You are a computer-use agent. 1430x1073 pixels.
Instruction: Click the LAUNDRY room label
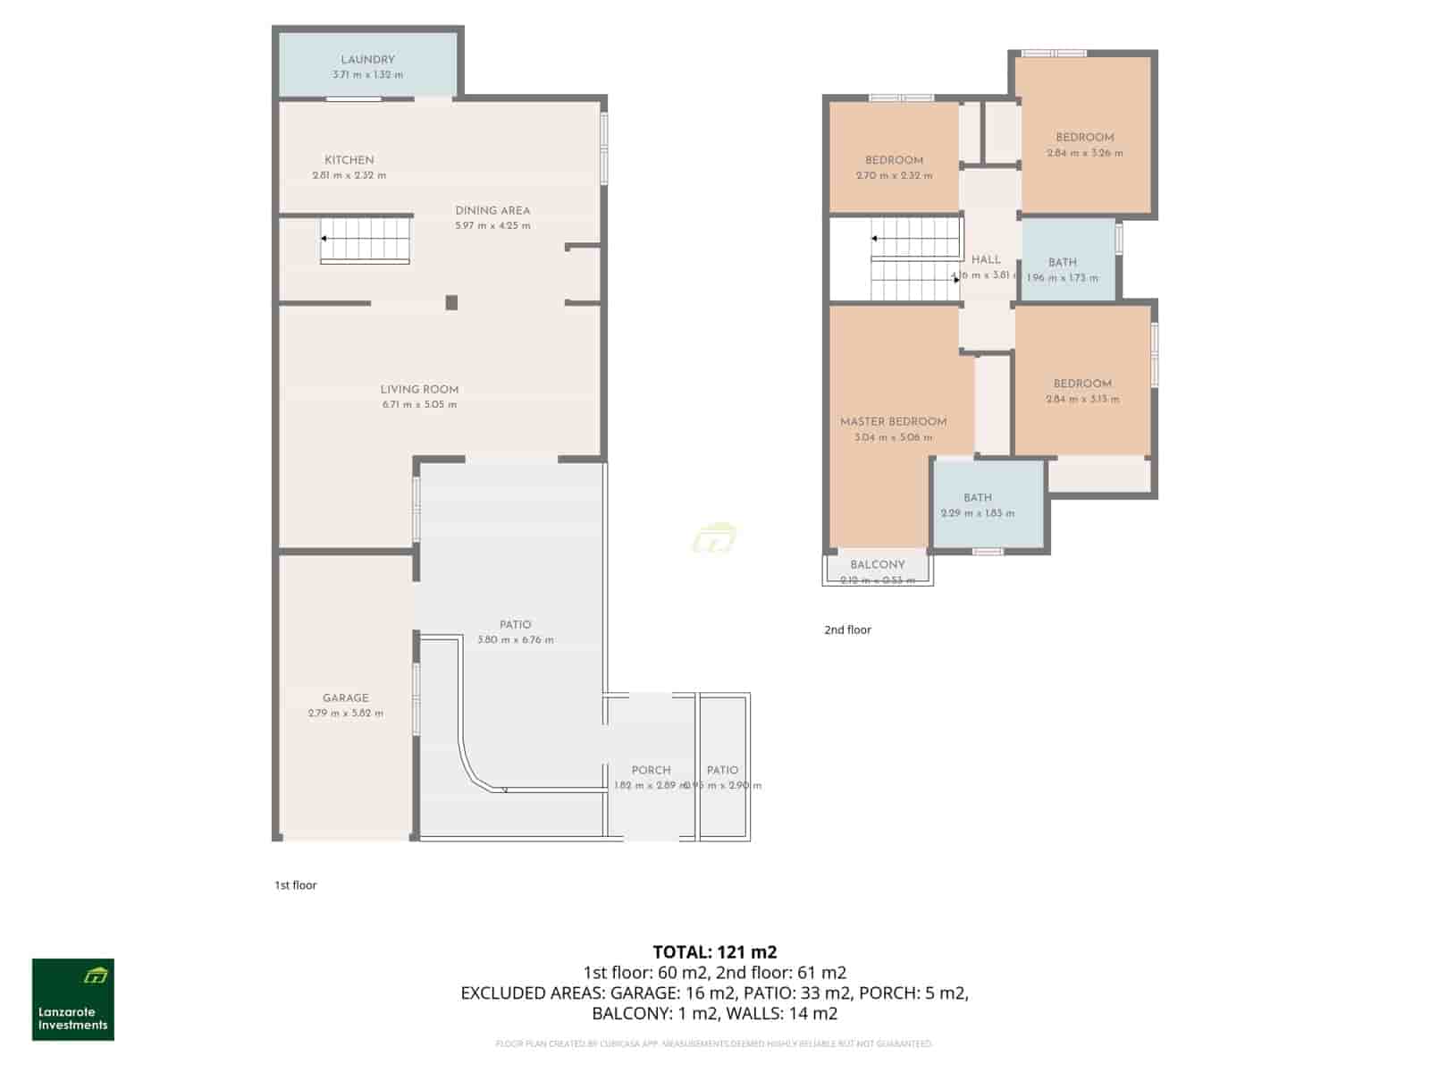(x=367, y=60)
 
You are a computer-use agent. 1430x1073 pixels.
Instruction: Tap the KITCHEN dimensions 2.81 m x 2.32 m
(x=349, y=175)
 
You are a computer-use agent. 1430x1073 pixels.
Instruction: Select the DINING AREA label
(x=492, y=211)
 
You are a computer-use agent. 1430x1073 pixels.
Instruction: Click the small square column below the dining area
(x=451, y=303)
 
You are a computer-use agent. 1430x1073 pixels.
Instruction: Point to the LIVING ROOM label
(x=419, y=390)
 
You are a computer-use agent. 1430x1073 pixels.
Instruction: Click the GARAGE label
(x=345, y=698)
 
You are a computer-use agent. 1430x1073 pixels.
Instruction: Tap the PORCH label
(x=651, y=771)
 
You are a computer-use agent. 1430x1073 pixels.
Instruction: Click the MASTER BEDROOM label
(x=893, y=422)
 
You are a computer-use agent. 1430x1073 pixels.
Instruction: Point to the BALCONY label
(x=877, y=565)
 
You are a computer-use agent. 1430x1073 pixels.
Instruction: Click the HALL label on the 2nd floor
(x=986, y=260)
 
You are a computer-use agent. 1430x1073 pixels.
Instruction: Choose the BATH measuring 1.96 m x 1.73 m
(x=1063, y=263)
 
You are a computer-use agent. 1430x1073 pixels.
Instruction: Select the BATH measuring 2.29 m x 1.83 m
(x=978, y=498)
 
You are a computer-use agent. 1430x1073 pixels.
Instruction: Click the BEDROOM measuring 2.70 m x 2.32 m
(x=894, y=161)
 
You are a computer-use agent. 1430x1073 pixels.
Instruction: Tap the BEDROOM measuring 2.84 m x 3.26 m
(x=1085, y=138)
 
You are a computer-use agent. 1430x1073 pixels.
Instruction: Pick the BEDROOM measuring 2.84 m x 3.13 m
(x=1082, y=384)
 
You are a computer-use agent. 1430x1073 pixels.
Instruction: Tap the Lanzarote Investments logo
(x=73, y=1000)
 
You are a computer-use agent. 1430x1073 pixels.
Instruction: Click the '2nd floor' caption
(x=847, y=630)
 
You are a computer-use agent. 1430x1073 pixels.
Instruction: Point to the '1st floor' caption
(x=296, y=885)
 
